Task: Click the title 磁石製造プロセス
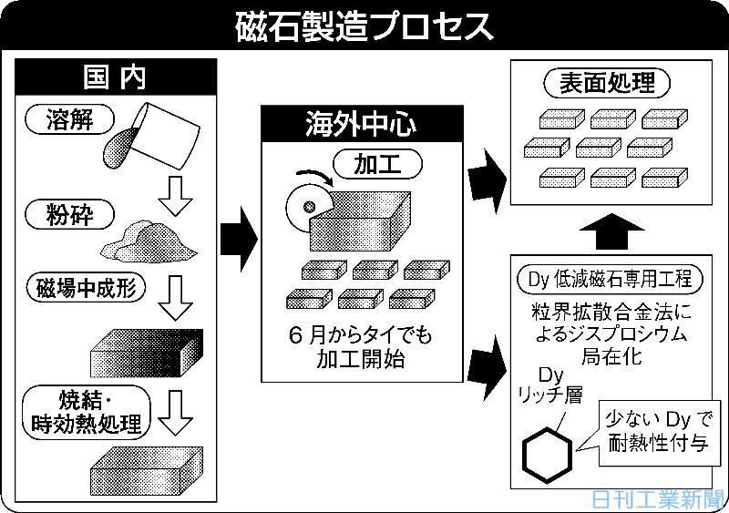tap(364, 25)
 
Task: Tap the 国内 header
tap(116, 76)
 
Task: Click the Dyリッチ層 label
tap(550, 385)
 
